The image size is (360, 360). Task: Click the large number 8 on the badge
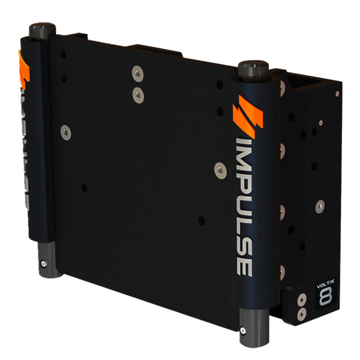[x=325, y=297]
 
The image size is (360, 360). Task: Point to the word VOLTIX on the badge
[x=324, y=283]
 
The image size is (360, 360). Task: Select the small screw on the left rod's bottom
[x=43, y=263]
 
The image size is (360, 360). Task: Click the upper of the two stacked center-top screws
[x=136, y=73]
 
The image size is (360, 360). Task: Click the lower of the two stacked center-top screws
[x=137, y=94]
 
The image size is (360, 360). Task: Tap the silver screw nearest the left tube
[x=65, y=133]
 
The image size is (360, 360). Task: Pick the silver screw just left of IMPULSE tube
[x=220, y=169]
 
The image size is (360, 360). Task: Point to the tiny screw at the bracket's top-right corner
[x=337, y=94]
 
